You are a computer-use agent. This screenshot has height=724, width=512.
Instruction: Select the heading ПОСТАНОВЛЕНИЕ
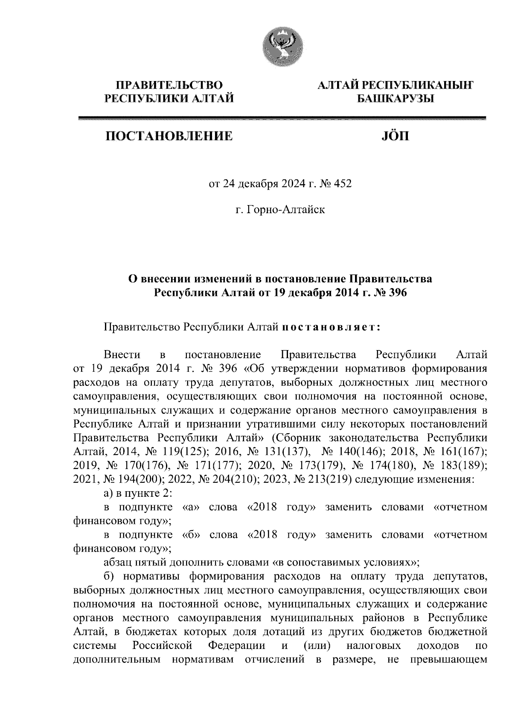pyautogui.click(x=169, y=136)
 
